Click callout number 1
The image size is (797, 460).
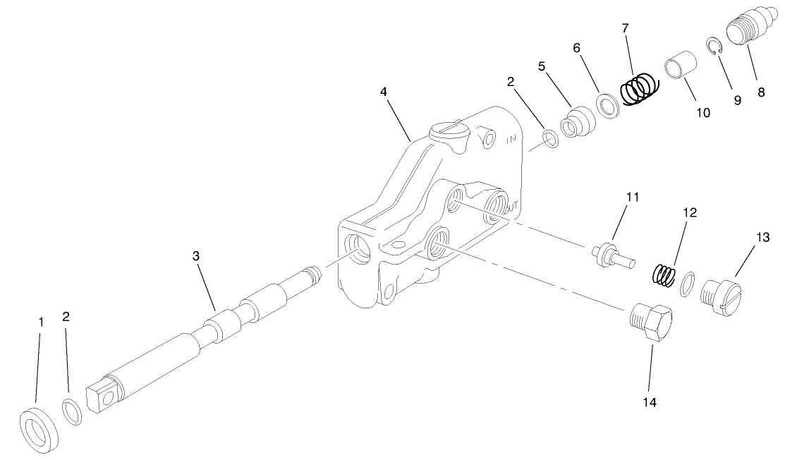[41, 321]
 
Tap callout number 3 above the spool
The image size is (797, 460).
[196, 255]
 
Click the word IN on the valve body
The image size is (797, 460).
[512, 140]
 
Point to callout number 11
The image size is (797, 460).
[633, 197]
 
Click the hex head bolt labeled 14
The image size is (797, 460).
[650, 323]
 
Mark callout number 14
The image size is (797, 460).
[649, 402]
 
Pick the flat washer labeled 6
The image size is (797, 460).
[607, 104]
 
